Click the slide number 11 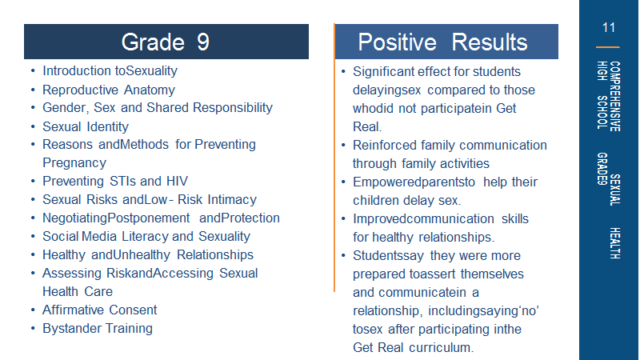pyautogui.click(x=608, y=28)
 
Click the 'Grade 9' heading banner pyautogui.click(x=166, y=42)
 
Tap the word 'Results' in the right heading pyautogui.click(x=490, y=42)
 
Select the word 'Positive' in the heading pyautogui.click(x=397, y=42)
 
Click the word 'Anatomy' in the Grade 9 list pyautogui.click(x=150, y=90)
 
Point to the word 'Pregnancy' pyautogui.click(x=74, y=163)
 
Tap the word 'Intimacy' pyautogui.click(x=232, y=199)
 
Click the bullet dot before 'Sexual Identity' pyautogui.click(x=33, y=127)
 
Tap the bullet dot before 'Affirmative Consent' pyautogui.click(x=33, y=310)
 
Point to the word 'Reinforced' pyautogui.click(x=383, y=146)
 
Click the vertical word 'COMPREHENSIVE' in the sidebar pyautogui.click(x=614, y=96)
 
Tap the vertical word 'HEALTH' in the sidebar pyautogui.click(x=614, y=243)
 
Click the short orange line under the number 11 pyautogui.click(x=608, y=47)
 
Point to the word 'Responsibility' pyautogui.click(x=233, y=108)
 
